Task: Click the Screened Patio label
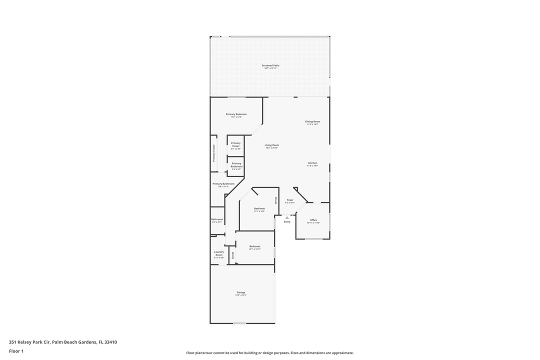(x=270, y=65)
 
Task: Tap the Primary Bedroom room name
(x=235, y=114)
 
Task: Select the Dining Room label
(x=312, y=121)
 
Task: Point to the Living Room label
(x=271, y=145)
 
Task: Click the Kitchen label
(x=312, y=163)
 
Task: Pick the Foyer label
(x=290, y=200)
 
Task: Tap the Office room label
(x=313, y=220)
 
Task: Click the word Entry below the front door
(x=287, y=221)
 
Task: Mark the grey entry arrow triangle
(x=287, y=217)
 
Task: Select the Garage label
(x=241, y=292)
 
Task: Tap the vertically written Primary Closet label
(x=214, y=153)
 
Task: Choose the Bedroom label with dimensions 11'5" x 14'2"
(x=259, y=208)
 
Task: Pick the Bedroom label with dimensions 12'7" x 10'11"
(x=255, y=246)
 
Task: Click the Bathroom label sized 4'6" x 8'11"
(x=217, y=219)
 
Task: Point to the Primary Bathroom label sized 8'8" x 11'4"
(x=223, y=184)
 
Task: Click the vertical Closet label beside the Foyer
(x=275, y=200)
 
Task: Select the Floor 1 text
(x=16, y=351)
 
